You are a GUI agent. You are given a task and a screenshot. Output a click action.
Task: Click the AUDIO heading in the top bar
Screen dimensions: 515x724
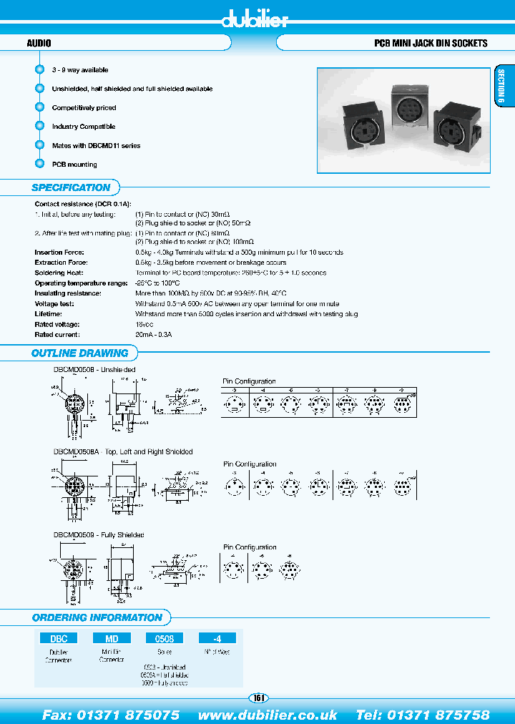39,43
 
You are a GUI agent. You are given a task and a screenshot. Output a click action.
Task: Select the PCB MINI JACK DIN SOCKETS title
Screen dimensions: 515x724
431,43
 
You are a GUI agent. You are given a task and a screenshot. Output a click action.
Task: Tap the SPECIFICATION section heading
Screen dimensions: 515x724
71,187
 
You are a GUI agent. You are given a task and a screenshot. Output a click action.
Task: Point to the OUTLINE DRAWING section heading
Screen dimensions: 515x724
79,353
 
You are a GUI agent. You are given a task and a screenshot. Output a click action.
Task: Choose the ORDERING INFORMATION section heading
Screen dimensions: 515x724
97,617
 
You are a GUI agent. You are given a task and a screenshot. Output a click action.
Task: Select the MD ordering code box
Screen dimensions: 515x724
112,638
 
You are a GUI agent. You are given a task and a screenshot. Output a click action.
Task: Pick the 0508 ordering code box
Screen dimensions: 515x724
164,638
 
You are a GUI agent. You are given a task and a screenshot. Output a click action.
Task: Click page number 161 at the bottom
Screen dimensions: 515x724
257,698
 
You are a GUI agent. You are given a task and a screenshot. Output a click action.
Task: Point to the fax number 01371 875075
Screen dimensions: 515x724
111,715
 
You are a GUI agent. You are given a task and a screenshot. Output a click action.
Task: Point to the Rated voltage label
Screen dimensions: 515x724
54,324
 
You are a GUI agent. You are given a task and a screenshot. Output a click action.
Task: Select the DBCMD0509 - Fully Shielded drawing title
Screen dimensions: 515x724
99,534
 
